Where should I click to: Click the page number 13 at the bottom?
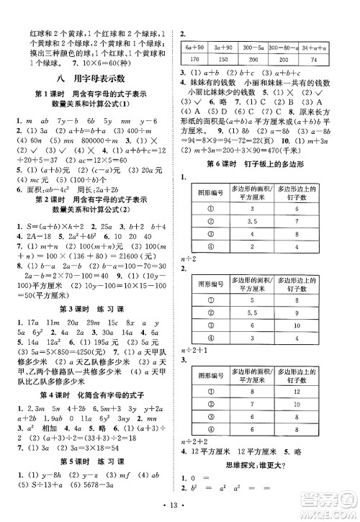pos(180,511)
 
